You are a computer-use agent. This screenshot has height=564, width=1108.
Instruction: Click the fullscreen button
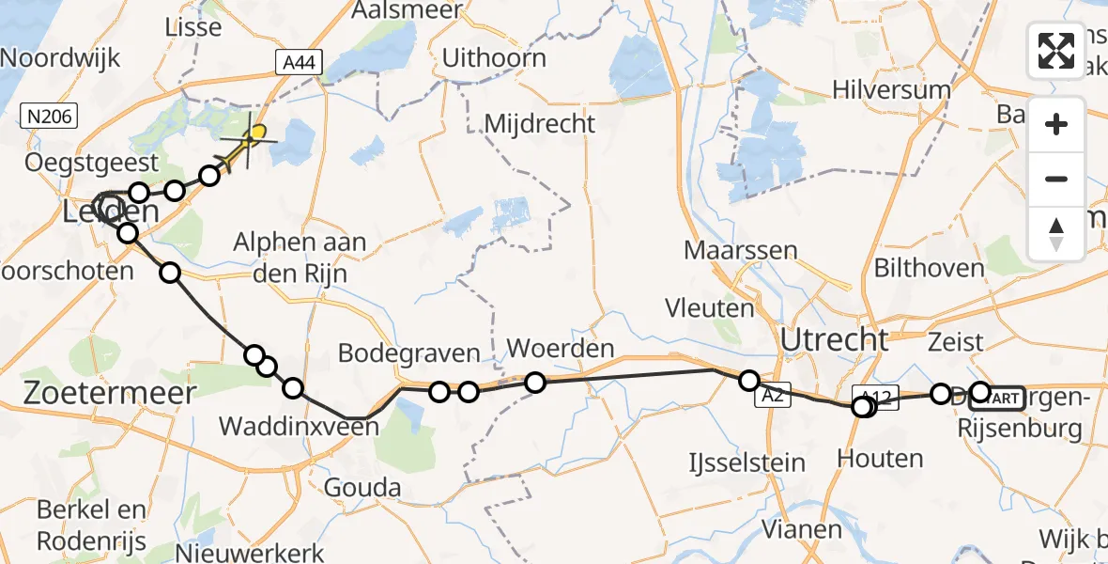pos(1056,51)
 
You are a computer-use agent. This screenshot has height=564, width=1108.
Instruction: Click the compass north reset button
pos(1056,233)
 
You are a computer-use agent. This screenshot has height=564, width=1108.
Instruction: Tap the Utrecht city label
pos(834,338)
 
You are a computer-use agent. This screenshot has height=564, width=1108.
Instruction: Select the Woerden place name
pos(561,348)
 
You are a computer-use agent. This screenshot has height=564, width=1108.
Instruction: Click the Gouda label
pos(362,488)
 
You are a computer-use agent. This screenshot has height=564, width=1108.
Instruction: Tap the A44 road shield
pos(300,63)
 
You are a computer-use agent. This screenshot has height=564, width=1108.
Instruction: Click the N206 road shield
pos(49,117)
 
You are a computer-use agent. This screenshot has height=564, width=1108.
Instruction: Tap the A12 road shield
pos(876,395)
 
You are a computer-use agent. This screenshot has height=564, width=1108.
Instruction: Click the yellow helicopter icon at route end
pos(252,139)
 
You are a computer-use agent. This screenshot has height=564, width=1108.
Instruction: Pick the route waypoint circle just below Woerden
pos(535,382)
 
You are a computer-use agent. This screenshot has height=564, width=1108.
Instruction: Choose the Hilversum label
pos(892,89)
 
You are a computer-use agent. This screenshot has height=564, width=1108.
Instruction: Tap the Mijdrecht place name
pos(540,123)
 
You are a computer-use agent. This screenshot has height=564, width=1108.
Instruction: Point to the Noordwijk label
pos(61,57)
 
